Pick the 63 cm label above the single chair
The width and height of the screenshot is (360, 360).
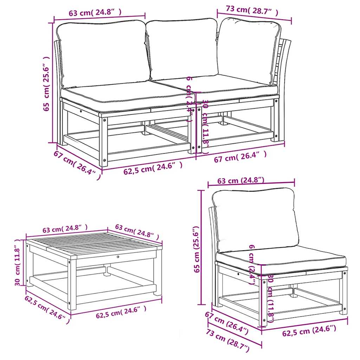click(x=240, y=181)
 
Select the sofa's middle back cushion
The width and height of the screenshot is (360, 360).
click(x=183, y=49)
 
